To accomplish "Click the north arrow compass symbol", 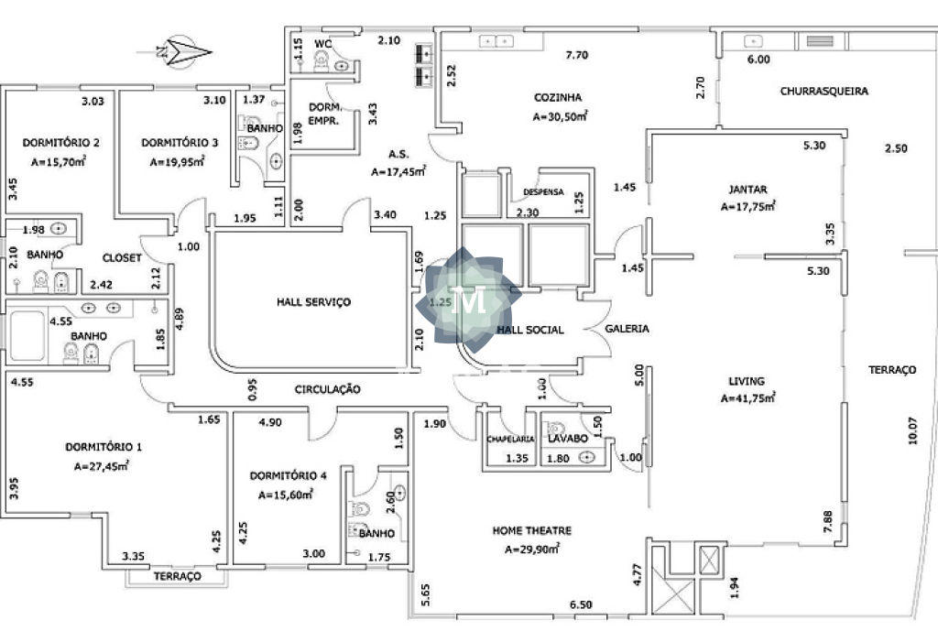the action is coord(181,52).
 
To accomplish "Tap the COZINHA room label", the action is coord(558,97).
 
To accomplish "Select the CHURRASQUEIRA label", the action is coord(823,91).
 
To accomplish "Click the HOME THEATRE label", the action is coord(532,530).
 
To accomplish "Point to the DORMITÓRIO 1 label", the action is coord(104,446).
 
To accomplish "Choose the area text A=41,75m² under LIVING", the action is coord(747,397).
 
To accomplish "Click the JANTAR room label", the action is coord(747,189).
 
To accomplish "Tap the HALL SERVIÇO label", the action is coord(313,301).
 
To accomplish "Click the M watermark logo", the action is coord(470,300).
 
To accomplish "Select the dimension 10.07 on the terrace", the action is coord(912,430).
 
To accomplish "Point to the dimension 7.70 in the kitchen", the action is coord(577,55).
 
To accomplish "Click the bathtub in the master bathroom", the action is coord(27,336).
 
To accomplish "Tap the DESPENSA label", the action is coord(543,192).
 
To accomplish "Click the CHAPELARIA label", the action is coord(510,439).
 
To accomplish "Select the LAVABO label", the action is coord(568,438).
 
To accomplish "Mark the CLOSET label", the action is coord(122,257).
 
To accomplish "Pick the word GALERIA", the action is coord(627,329).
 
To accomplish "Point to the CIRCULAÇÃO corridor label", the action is coord(327,389).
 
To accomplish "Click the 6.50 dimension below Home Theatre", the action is coord(580,604).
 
